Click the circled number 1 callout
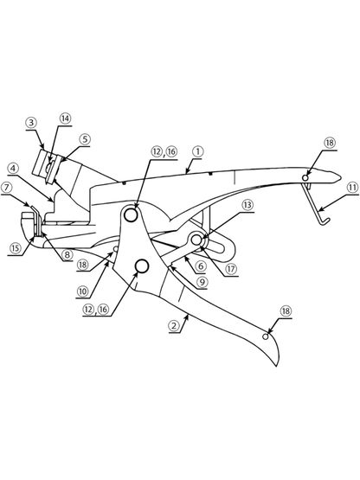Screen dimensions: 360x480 [x=198, y=152]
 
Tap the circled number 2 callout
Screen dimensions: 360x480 [x=174, y=325]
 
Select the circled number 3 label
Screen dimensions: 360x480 [x=31, y=123]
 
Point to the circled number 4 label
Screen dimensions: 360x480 [x=13, y=169]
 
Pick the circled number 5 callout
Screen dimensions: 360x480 [x=85, y=139]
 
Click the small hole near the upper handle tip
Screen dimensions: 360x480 [x=305, y=177]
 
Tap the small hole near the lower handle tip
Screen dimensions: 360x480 [x=266, y=336]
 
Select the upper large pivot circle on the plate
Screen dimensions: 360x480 [x=131, y=214]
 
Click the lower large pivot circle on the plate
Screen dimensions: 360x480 [x=142, y=266]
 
